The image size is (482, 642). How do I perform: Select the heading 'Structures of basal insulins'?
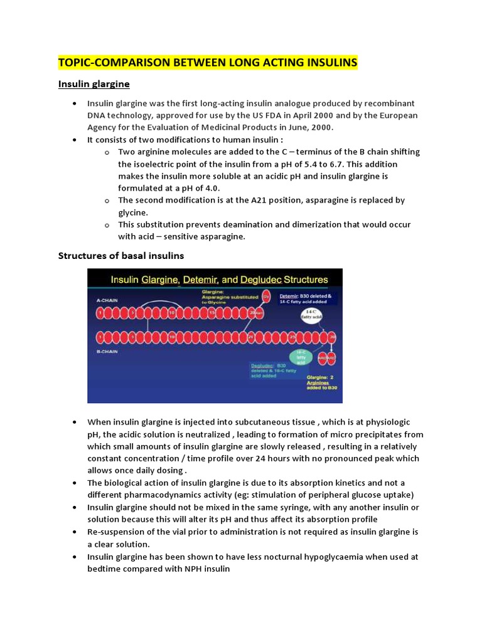tap(121, 255)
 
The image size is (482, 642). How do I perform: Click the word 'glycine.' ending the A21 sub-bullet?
tap(135, 213)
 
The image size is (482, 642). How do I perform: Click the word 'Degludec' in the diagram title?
tap(273, 280)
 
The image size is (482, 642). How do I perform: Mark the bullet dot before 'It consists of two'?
tap(75, 140)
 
